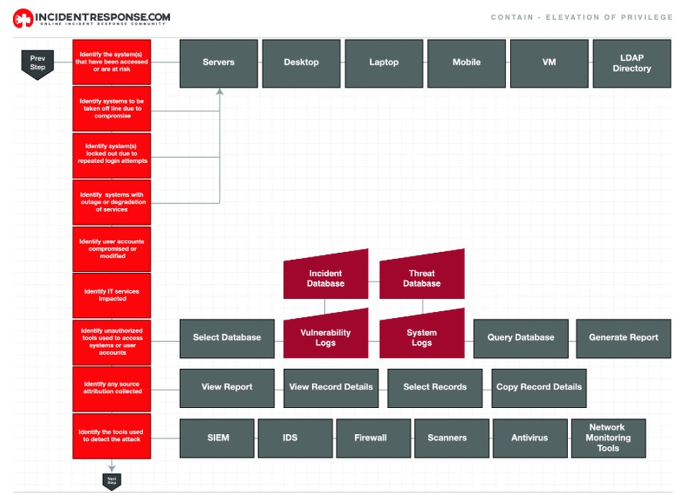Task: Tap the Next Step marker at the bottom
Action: point(112,481)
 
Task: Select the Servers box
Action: point(219,63)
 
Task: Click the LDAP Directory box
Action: point(632,63)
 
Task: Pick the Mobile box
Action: point(466,63)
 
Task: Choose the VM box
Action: point(549,63)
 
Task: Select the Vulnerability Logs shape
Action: point(326,337)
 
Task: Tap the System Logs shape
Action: point(422,337)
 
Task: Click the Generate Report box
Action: point(623,338)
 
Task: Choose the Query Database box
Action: point(521,338)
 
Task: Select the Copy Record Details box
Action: point(539,387)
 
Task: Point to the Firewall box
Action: point(370,438)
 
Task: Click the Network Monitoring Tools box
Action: point(608,438)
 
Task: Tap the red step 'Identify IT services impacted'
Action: point(112,295)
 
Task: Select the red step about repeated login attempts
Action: point(112,156)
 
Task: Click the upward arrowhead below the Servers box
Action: point(220,92)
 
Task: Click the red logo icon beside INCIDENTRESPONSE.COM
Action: point(23,18)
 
